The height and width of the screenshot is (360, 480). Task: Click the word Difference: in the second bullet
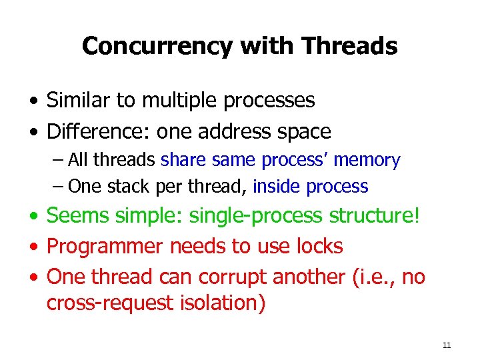point(99,131)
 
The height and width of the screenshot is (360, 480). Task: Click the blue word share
point(184,160)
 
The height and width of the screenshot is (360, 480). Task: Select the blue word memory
point(367,160)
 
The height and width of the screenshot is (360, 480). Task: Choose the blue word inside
point(277,187)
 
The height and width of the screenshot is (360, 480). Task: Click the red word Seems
point(79,216)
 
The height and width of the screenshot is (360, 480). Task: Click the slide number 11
point(446,345)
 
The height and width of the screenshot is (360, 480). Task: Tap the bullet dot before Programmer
point(33,246)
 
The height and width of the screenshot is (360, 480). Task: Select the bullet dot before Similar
point(33,101)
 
